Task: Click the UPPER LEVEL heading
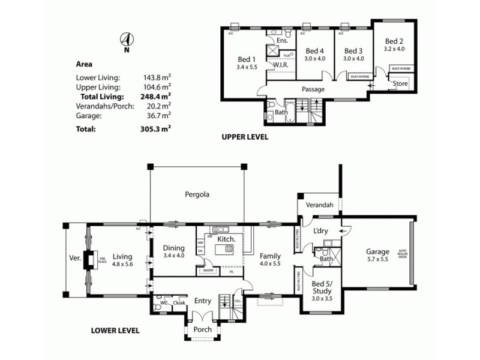[x=245, y=137]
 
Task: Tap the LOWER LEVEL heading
[x=115, y=330]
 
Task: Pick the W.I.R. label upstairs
[x=281, y=64]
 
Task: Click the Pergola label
[x=197, y=194]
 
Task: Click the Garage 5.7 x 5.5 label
[x=377, y=256]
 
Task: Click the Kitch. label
[x=225, y=239]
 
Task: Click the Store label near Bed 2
[x=400, y=84]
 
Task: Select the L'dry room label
[x=320, y=230]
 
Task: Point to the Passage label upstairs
[x=313, y=89]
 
